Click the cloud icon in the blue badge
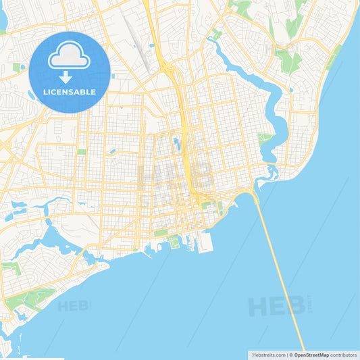(x=70, y=55)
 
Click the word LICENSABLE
(x=70, y=91)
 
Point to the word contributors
(x=343, y=355)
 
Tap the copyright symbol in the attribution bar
(x=291, y=355)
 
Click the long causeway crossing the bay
(x=280, y=270)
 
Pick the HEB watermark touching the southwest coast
(x=73, y=306)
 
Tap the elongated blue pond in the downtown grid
(x=176, y=143)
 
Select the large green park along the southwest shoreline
(x=30, y=298)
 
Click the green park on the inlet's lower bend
(x=264, y=138)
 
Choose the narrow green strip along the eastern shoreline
(x=332, y=61)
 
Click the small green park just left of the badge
(x=16, y=68)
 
